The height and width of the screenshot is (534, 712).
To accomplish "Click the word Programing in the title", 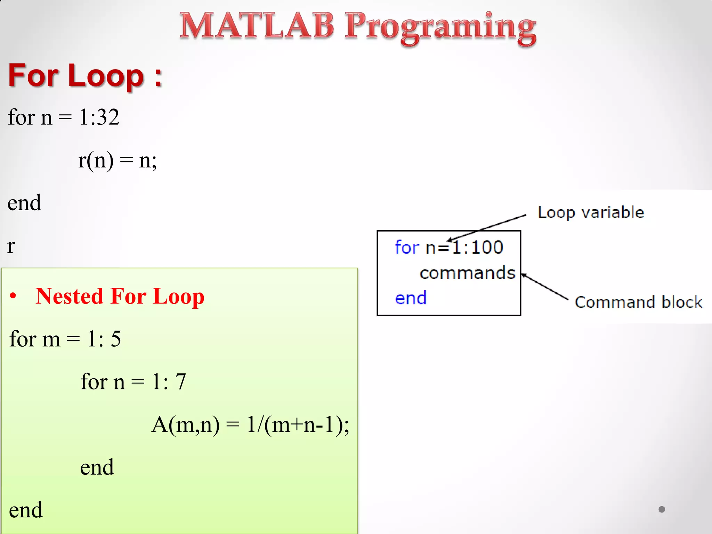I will pyautogui.click(x=440, y=28).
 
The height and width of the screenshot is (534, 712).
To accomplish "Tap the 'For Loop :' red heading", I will pyautogui.click(x=85, y=75).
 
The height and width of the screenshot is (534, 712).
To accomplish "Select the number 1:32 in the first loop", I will pyautogui.click(x=99, y=117).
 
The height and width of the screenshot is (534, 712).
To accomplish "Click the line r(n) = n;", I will pyautogui.click(x=118, y=161).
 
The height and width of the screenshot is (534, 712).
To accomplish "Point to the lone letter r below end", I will pyautogui.click(x=11, y=246).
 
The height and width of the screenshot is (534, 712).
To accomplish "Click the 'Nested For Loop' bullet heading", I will pyautogui.click(x=120, y=296).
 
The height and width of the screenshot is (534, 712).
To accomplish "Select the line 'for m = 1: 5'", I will pyautogui.click(x=65, y=339).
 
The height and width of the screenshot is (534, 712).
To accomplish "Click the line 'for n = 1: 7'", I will pyautogui.click(x=133, y=382).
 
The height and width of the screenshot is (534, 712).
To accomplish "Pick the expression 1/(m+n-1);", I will pyautogui.click(x=298, y=424).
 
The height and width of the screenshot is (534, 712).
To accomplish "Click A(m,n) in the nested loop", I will pyautogui.click(x=186, y=424).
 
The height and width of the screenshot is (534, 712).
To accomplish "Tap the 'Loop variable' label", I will pyautogui.click(x=591, y=212).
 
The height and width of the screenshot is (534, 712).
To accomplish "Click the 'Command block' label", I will pyautogui.click(x=638, y=302).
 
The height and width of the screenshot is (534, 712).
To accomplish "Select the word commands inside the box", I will pyautogui.click(x=467, y=273).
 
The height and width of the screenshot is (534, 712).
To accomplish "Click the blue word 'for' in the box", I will pyautogui.click(x=407, y=248).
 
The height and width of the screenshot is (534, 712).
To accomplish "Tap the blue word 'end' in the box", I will pyautogui.click(x=411, y=298).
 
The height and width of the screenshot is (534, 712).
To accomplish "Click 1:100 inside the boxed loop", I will pyautogui.click(x=477, y=248).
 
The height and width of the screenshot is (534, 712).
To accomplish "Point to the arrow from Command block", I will pyautogui.click(x=545, y=286).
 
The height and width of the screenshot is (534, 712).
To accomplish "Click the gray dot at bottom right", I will pyautogui.click(x=662, y=509).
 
